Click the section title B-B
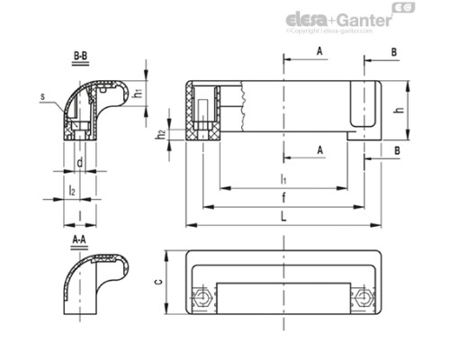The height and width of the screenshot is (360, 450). click(x=79, y=56)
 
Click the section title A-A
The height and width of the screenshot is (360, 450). click(x=79, y=240)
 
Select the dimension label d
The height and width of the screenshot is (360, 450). click(x=81, y=162)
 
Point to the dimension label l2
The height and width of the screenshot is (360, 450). click(x=71, y=190)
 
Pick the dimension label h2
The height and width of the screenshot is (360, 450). click(x=161, y=135)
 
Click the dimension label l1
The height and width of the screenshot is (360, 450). click(x=283, y=180)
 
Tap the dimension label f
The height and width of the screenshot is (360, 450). click(x=283, y=198)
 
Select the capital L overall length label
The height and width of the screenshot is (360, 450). click(x=283, y=217)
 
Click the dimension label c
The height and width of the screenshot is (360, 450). click(x=158, y=281)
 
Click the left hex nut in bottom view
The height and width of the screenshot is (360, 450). click(x=203, y=298)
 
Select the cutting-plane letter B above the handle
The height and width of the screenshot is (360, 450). click(x=394, y=52)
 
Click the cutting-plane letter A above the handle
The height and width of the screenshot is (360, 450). click(x=319, y=52)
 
